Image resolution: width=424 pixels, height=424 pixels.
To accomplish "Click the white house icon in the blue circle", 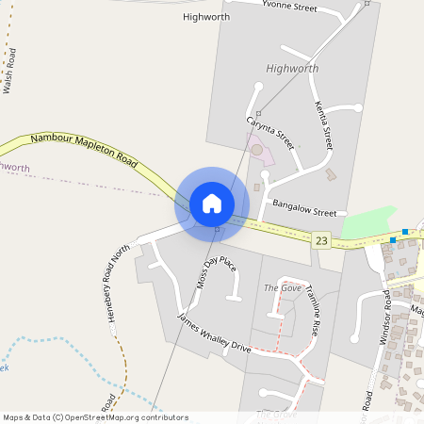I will coord(212,204).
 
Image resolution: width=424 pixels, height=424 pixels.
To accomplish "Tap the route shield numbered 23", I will coord(322,241).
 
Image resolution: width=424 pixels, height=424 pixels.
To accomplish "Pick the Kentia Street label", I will coord(324,126).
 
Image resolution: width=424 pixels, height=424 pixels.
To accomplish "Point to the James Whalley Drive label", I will coord(215,333).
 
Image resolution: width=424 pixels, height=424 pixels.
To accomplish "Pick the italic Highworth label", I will coord(292,69).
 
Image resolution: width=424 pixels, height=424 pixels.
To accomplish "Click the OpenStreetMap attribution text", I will coord(95,416).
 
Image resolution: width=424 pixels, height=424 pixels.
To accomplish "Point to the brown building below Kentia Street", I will coord(330,174).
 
